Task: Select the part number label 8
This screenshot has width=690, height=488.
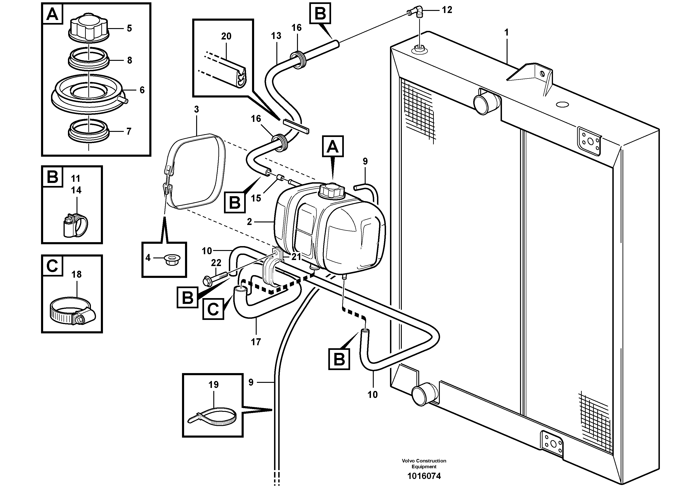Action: click(x=130, y=60)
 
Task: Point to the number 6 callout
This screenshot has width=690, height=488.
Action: click(x=142, y=90)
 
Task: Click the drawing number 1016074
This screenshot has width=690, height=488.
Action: click(x=424, y=476)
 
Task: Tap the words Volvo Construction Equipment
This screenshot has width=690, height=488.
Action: click(x=424, y=464)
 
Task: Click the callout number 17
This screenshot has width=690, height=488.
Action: click(x=256, y=342)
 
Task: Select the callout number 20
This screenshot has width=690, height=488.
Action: click(x=226, y=36)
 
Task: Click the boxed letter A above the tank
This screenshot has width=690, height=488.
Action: click(x=333, y=146)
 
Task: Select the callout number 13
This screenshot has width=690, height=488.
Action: click(x=276, y=36)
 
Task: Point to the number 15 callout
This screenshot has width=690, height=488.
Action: click(x=256, y=198)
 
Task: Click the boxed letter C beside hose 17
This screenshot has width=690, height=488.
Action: click(x=213, y=309)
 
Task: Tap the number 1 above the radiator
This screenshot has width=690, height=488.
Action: click(x=506, y=33)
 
